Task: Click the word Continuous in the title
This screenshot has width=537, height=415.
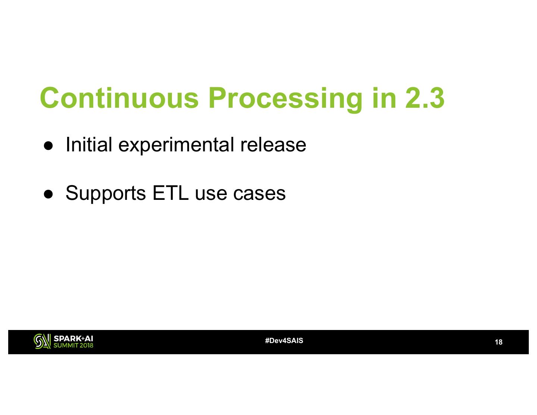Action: tap(119, 98)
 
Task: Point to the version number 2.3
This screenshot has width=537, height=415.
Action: tap(425, 98)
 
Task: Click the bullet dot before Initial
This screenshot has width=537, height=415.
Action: tap(48, 145)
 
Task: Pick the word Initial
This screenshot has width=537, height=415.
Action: tap(89, 144)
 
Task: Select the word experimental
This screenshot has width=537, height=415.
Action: tap(176, 146)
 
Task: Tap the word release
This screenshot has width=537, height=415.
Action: tap(273, 144)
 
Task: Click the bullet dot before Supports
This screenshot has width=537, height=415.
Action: tap(48, 194)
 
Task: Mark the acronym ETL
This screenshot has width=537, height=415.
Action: tap(170, 193)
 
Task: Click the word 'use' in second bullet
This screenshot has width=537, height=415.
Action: tap(211, 194)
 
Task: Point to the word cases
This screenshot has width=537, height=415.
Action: tap(259, 194)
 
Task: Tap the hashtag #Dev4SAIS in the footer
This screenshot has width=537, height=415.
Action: tap(284, 341)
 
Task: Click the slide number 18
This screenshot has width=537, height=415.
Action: tap(499, 342)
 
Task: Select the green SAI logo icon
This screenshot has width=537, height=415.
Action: tap(42, 341)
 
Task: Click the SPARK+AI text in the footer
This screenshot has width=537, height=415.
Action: tap(73, 338)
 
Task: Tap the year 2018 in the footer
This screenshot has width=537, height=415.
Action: tap(87, 345)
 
